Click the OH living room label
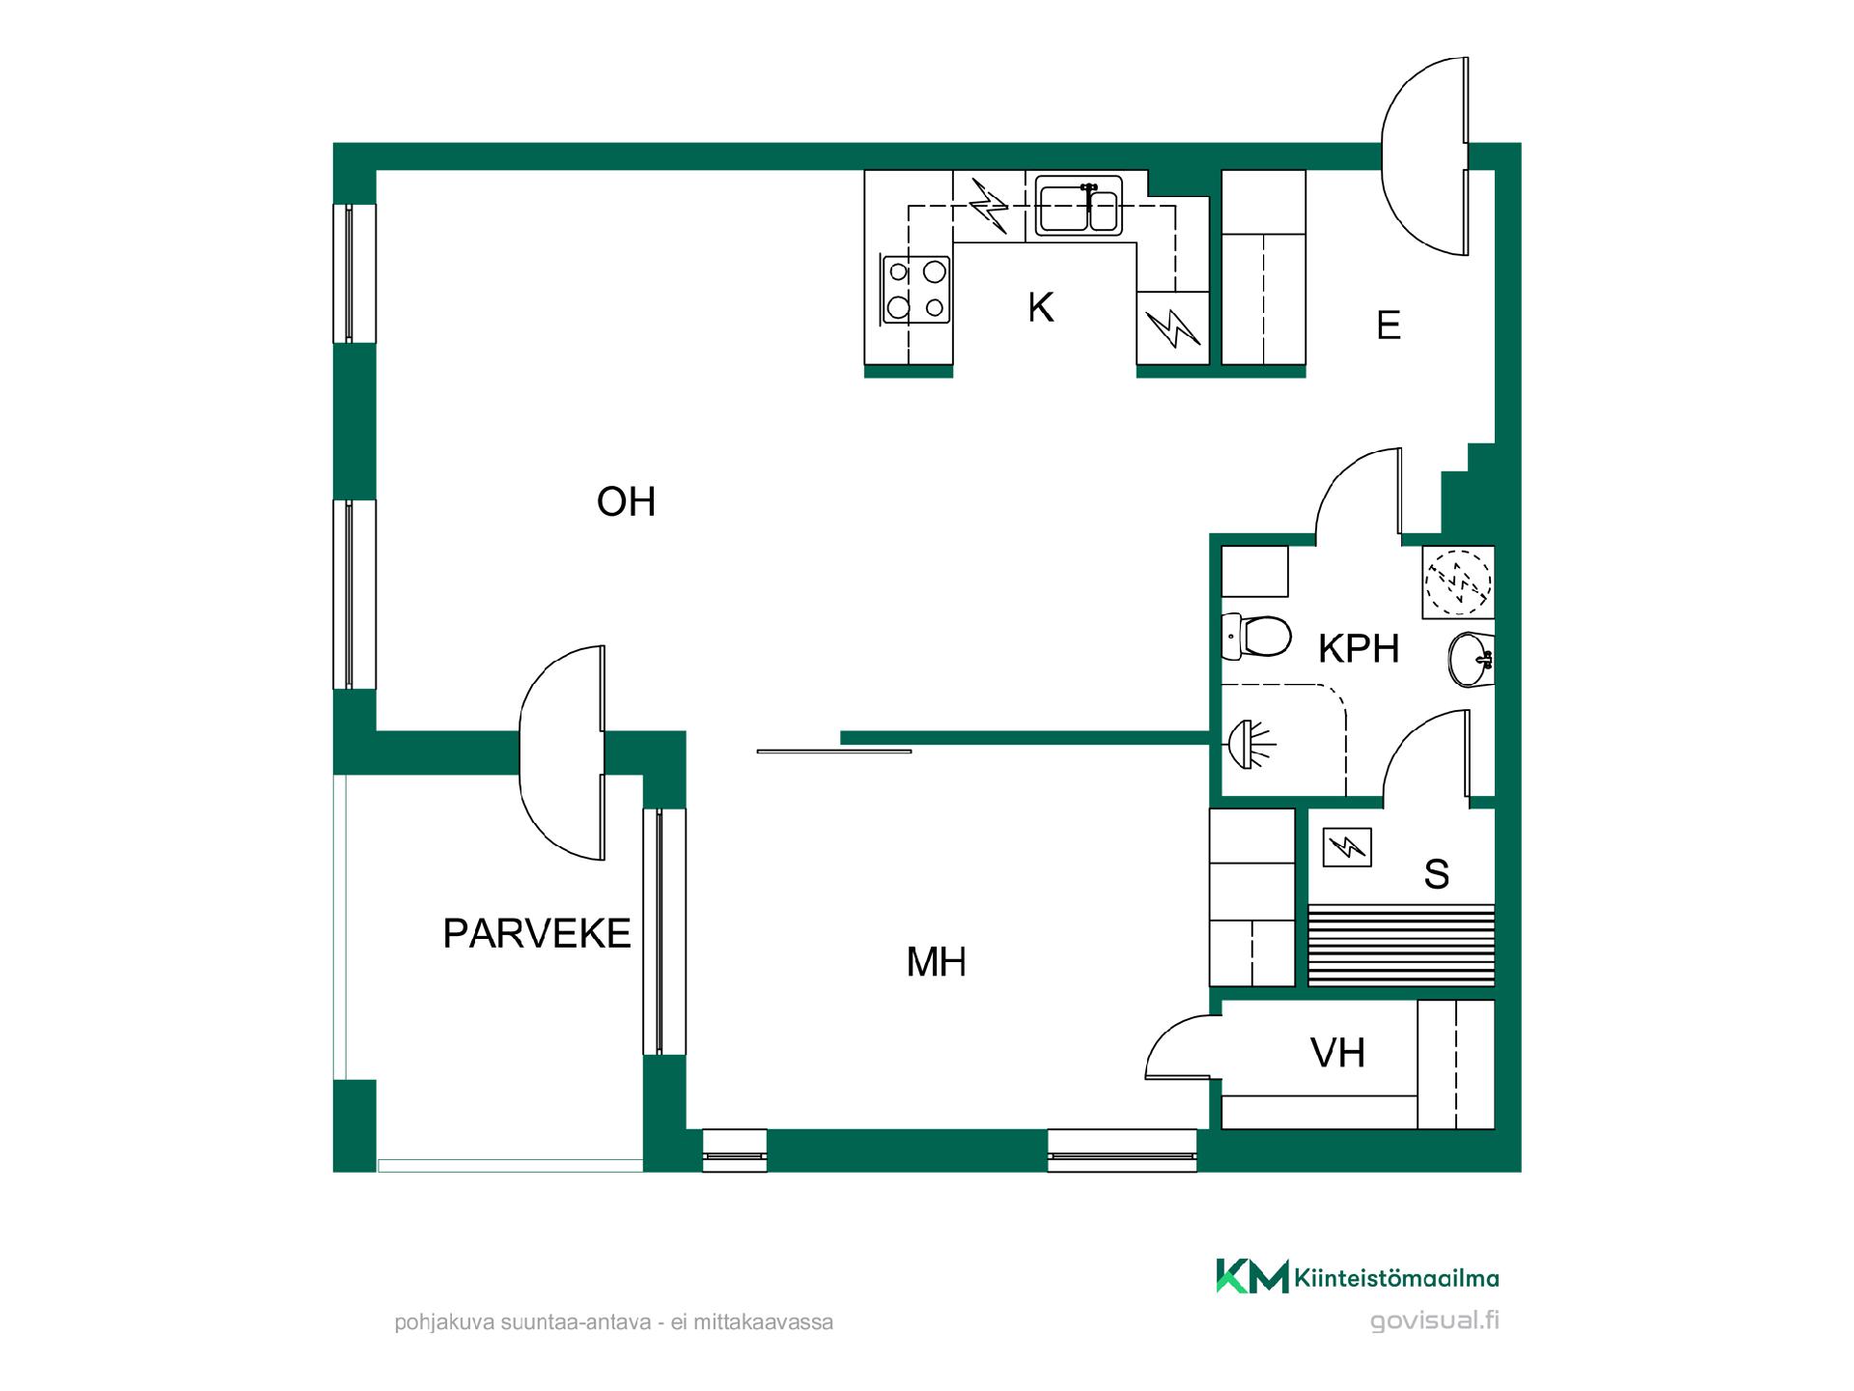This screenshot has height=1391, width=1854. (x=626, y=502)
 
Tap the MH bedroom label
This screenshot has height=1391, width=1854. (x=937, y=962)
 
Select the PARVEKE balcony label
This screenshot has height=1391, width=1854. (x=537, y=934)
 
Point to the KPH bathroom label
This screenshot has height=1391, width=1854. (x=1359, y=649)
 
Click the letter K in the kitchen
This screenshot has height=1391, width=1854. (x=1041, y=308)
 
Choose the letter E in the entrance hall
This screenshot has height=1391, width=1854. (x=1389, y=326)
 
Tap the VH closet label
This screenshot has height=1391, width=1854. (x=1338, y=1053)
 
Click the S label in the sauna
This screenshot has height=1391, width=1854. (x=1437, y=874)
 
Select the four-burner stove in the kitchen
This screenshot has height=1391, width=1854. (x=915, y=289)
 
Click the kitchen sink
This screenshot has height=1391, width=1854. (x=1080, y=206)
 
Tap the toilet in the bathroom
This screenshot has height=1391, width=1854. (x=1256, y=636)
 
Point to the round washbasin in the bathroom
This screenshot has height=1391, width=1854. (x=1471, y=660)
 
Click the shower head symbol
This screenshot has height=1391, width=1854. (x=1250, y=744)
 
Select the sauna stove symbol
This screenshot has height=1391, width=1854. (x=1347, y=848)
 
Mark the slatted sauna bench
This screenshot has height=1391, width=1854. (x=1401, y=946)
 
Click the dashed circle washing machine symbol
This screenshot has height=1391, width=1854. (x=1458, y=582)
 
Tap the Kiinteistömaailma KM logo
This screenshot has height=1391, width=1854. (x=1251, y=1276)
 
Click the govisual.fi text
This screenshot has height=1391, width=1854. (x=1435, y=1320)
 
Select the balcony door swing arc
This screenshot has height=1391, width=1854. (x=541, y=753)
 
